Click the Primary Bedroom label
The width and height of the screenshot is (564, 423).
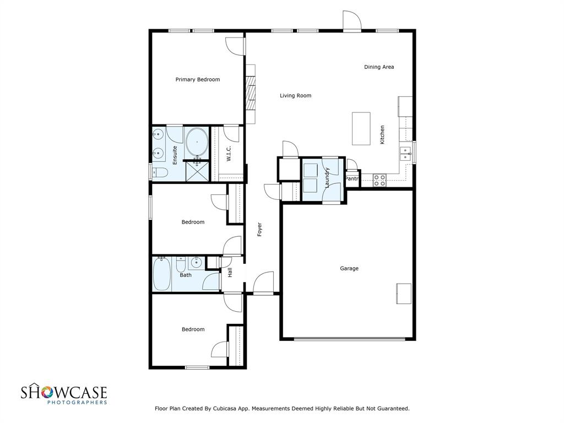(198, 79)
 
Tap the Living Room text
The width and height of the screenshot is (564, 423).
(296, 95)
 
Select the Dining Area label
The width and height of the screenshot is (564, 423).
(379, 67)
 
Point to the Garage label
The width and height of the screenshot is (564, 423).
(349, 268)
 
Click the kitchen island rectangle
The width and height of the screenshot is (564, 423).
(361, 128)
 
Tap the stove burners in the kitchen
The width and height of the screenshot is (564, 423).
(379, 180)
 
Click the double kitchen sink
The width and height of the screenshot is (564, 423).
(406, 154)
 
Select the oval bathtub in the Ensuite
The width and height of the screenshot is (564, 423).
(197, 142)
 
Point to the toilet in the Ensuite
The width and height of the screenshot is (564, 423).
(160, 173)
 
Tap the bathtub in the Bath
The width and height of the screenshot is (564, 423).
(161, 274)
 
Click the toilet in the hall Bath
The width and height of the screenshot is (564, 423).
(181, 265)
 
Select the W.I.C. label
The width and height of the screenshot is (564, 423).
(229, 154)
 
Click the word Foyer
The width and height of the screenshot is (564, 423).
(259, 230)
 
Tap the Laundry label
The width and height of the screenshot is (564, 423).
(327, 178)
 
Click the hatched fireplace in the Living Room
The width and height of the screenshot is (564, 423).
(251, 94)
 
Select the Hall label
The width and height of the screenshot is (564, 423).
(230, 272)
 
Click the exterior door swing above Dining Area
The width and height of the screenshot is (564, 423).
(351, 21)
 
